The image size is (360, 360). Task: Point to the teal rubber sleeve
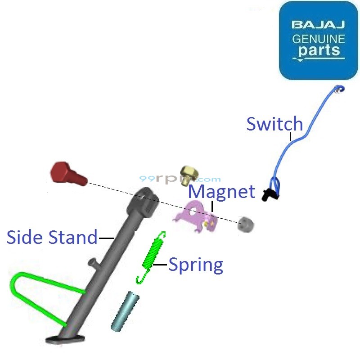[125, 310]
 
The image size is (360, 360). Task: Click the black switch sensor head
[270, 194]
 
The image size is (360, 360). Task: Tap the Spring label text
[196, 265]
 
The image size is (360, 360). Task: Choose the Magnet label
[221, 192]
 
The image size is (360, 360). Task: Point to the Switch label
[274, 124]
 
